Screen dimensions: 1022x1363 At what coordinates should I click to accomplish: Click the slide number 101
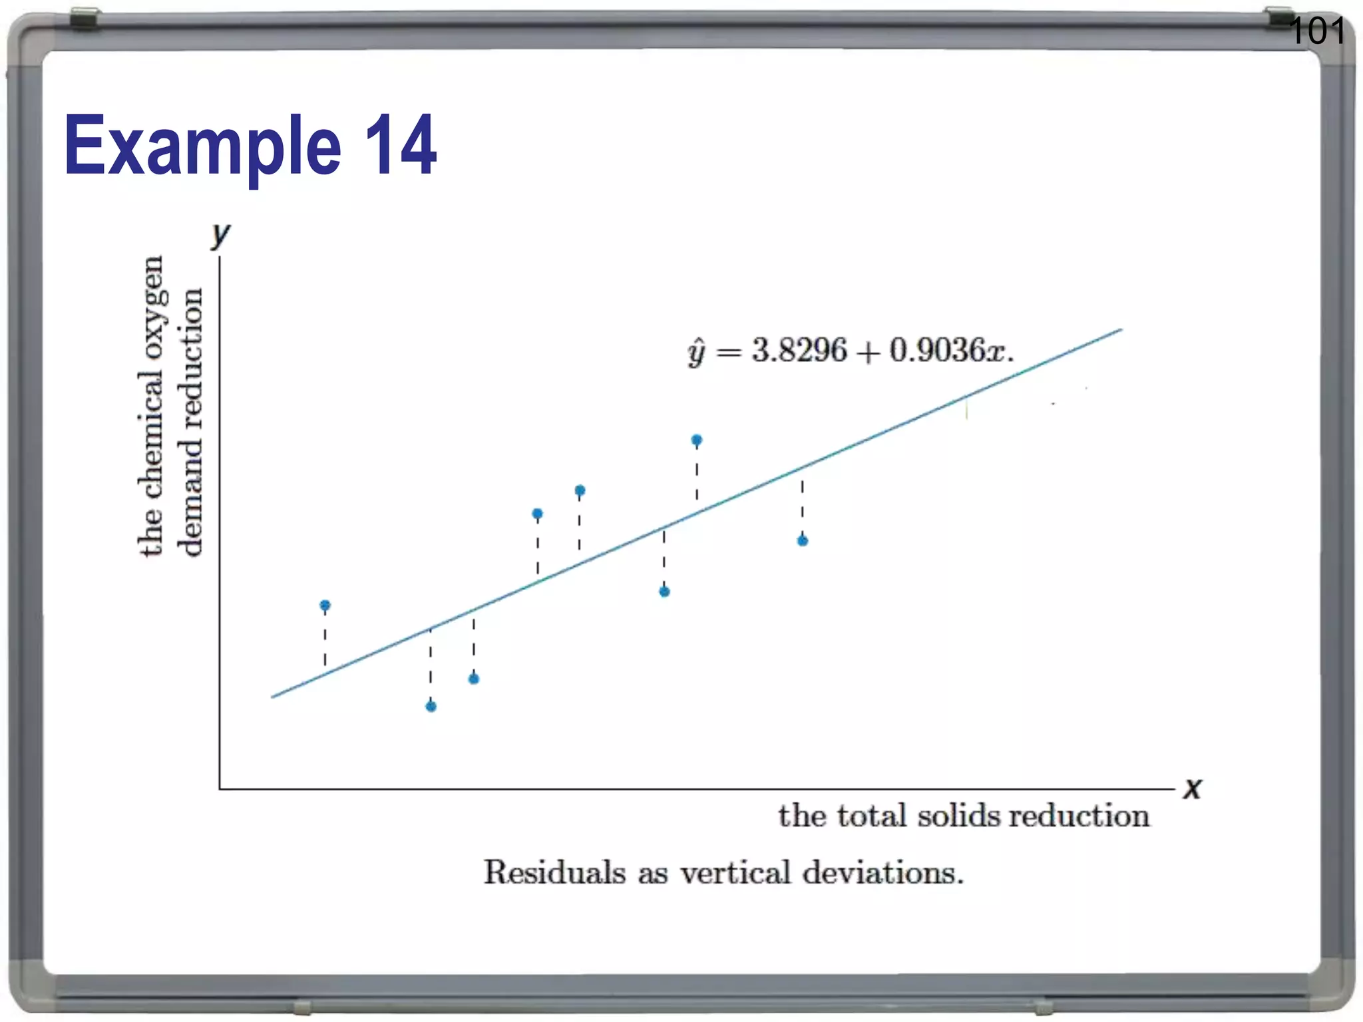[x=1316, y=31]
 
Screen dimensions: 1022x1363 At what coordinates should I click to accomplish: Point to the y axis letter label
[x=220, y=235]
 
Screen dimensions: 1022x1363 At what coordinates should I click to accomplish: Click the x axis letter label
[x=1192, y=788]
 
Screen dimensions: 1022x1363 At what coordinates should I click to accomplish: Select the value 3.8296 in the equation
[x=799, y=351]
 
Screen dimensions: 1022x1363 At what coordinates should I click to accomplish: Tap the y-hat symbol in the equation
[x=696, y=353]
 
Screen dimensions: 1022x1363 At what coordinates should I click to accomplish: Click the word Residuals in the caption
[x=554, y=872]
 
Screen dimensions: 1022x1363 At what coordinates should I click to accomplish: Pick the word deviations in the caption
[x=882, y=872]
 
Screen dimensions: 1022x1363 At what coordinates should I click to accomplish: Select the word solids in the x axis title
[x=958, y=816]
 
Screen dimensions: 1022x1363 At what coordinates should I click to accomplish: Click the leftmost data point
[x=325, y=605]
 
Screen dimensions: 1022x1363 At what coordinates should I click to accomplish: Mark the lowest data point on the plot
[x=431, y=706]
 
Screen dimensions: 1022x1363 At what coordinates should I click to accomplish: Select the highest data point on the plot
[x=697, y=440]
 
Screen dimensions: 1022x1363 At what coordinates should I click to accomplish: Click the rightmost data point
[x=803, y=541]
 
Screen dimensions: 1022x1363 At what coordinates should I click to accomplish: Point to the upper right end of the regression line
[x=1121, y=330]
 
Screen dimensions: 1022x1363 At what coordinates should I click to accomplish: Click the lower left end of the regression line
[x=273, y=697]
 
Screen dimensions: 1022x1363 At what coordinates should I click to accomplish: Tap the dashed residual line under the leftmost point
[x=325, y=639]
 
